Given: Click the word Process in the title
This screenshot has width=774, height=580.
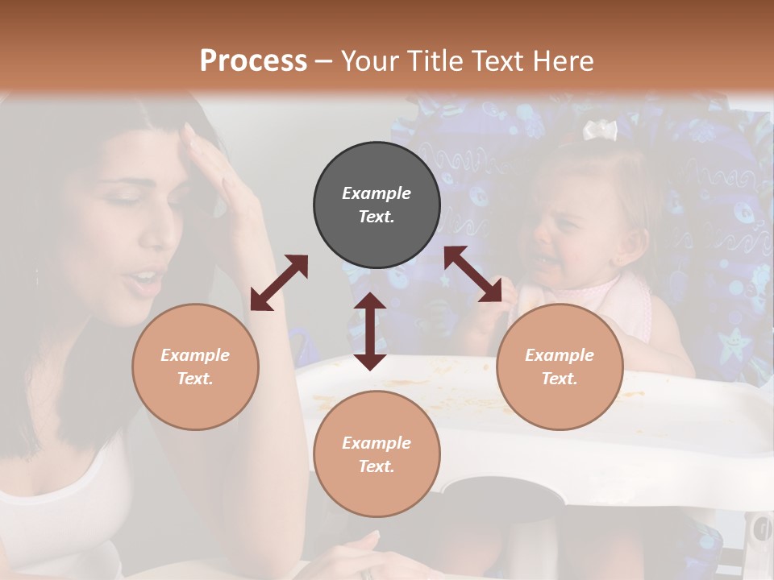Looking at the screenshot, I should [253, 60].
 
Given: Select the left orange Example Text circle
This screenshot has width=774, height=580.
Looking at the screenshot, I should [195, 367].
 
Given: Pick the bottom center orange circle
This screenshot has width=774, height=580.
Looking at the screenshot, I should [377, 454].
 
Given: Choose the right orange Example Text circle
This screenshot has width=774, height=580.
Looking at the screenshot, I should [560, 367].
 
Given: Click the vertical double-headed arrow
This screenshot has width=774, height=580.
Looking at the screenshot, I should [370, 331].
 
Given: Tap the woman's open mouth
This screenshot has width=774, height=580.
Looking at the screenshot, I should [145, 280].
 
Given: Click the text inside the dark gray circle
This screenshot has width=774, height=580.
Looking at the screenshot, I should [377, 205].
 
